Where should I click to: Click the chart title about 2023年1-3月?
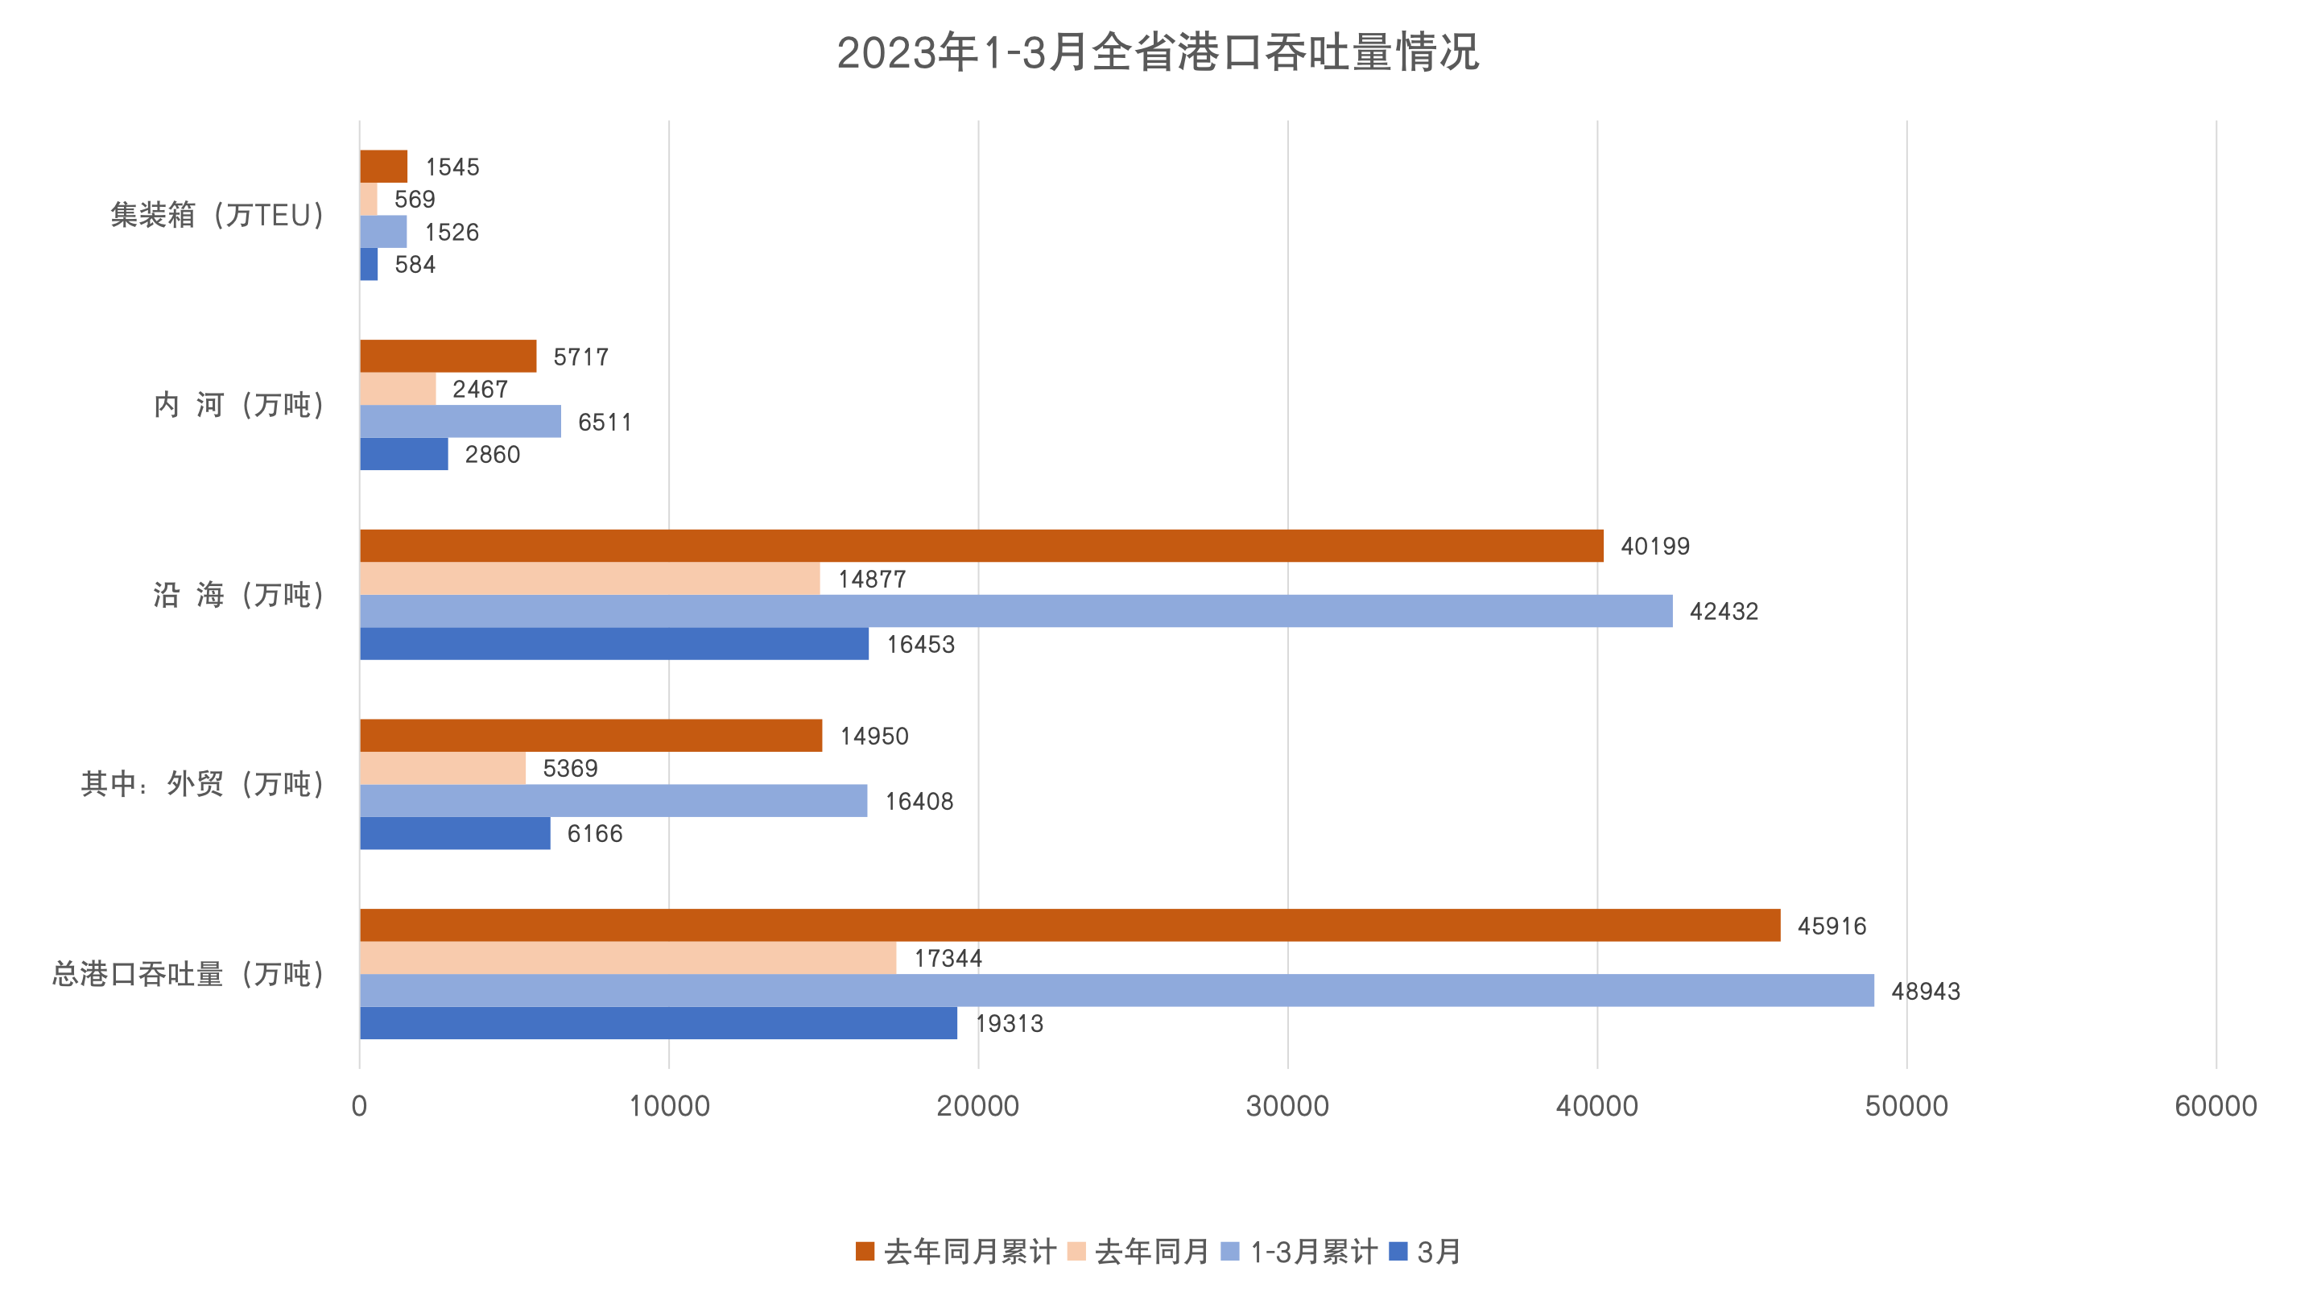(1158, 52)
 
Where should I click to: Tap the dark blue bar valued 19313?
(659, 1022)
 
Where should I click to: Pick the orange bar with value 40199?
(981, 546)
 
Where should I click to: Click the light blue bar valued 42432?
(1016, 611)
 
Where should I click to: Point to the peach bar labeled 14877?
(589, 578)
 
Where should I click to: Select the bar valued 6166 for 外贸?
(455, 833)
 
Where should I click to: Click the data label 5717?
(581, 357)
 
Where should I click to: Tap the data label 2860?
(492, 454)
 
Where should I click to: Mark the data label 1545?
(452, 167)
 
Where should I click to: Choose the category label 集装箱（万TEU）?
(217, 215)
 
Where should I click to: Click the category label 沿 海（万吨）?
(238, 595)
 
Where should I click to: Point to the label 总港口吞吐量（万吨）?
(188, 974)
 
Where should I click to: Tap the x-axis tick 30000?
(1287, 1105)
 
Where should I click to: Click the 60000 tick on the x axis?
(2216, 1105)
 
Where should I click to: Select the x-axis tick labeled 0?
(359, 1105)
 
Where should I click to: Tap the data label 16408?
(919, 801)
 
